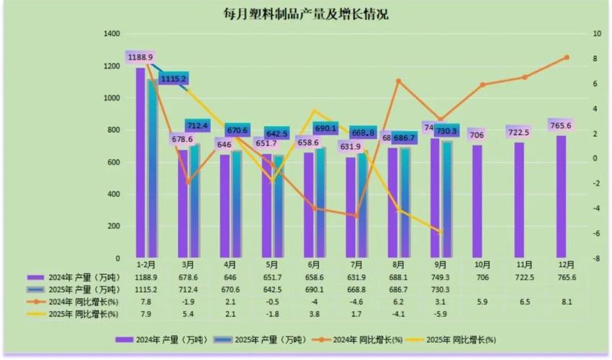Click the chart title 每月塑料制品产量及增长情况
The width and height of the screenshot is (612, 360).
pos(305,14)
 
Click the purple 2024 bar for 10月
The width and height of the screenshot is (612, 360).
pos(477,201)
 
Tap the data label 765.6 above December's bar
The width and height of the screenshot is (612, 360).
pos(561,125)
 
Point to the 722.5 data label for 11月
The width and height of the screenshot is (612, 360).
pos(518,132)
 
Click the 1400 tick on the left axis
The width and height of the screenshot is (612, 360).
pos(111,34)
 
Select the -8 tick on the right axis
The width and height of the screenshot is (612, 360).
pos(596,258)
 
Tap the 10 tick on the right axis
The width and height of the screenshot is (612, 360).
pos(596,34)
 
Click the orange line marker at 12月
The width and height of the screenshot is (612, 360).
pos(566,57)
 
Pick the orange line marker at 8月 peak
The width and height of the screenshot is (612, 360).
pos(398,81)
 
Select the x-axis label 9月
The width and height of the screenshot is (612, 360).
pos(440,264)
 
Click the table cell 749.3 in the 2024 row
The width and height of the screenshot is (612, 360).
pos(440,277)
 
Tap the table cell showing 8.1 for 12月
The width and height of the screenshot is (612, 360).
pos(566,302)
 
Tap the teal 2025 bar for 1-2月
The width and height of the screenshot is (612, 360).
pos(153,169)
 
